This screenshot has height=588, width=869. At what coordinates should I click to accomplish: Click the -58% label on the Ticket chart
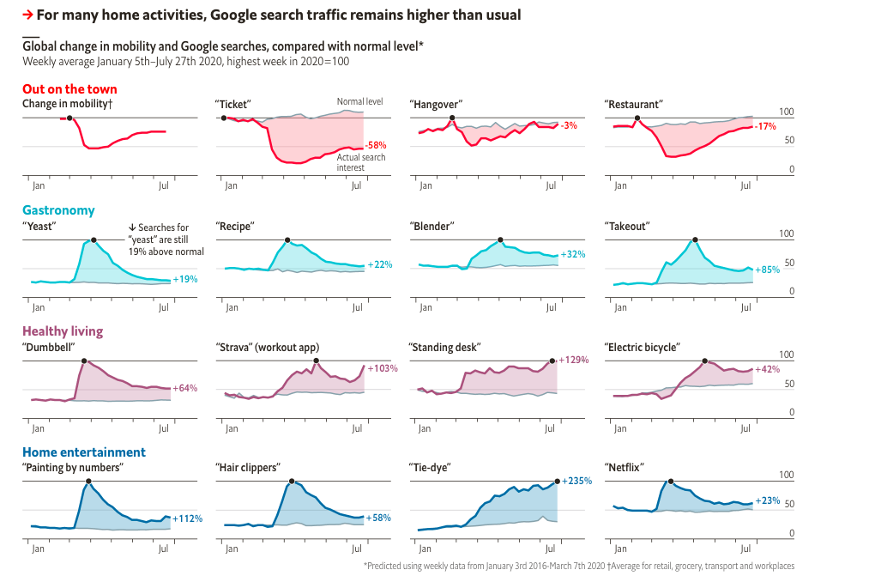click(376, 146)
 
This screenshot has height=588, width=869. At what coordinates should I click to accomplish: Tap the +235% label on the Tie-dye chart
click(577, 481)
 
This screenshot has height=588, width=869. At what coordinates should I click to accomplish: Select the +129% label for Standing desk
click(573, 360)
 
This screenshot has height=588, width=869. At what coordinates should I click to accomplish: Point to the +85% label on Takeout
click(767, 270)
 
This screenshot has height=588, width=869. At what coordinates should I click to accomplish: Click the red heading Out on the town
click(69, 89)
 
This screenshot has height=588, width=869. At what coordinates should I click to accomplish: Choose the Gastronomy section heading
click(58, 210)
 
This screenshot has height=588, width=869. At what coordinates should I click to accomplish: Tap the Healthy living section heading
click(63, 331)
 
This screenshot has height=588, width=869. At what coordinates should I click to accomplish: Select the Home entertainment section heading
click(84, 452)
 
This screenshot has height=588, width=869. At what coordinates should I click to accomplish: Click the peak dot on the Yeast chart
click(94, 240)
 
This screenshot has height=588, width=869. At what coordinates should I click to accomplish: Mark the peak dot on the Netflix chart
click(671, 482)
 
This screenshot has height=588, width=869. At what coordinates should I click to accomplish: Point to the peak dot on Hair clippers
click(293, 482)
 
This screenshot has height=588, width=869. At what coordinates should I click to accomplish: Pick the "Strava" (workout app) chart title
click(266, 347)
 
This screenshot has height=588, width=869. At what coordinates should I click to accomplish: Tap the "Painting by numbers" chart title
click(73, 468)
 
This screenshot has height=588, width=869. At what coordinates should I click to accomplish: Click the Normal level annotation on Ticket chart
click(359, 101)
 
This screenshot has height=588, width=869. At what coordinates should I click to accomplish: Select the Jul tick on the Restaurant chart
click(746, 185)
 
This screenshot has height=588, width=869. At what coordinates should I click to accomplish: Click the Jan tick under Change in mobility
click(38, 185)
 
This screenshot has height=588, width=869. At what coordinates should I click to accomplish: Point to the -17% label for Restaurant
click(765, 126)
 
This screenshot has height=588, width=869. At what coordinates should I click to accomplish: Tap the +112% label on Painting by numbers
click(187, 518)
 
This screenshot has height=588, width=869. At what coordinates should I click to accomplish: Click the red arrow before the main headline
click(28, 15)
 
